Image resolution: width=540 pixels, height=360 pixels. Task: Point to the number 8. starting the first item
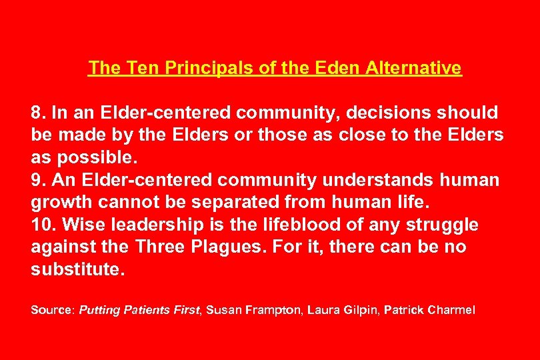[39, 112]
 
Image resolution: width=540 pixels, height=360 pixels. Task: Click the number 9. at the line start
[39, 180]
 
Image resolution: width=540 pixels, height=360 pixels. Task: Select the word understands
[378, 180]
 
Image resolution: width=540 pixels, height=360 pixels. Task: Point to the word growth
[59, 203]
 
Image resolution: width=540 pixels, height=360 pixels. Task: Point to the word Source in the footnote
[53, 310]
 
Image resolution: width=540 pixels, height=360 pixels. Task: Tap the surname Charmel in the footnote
[451, 310]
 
